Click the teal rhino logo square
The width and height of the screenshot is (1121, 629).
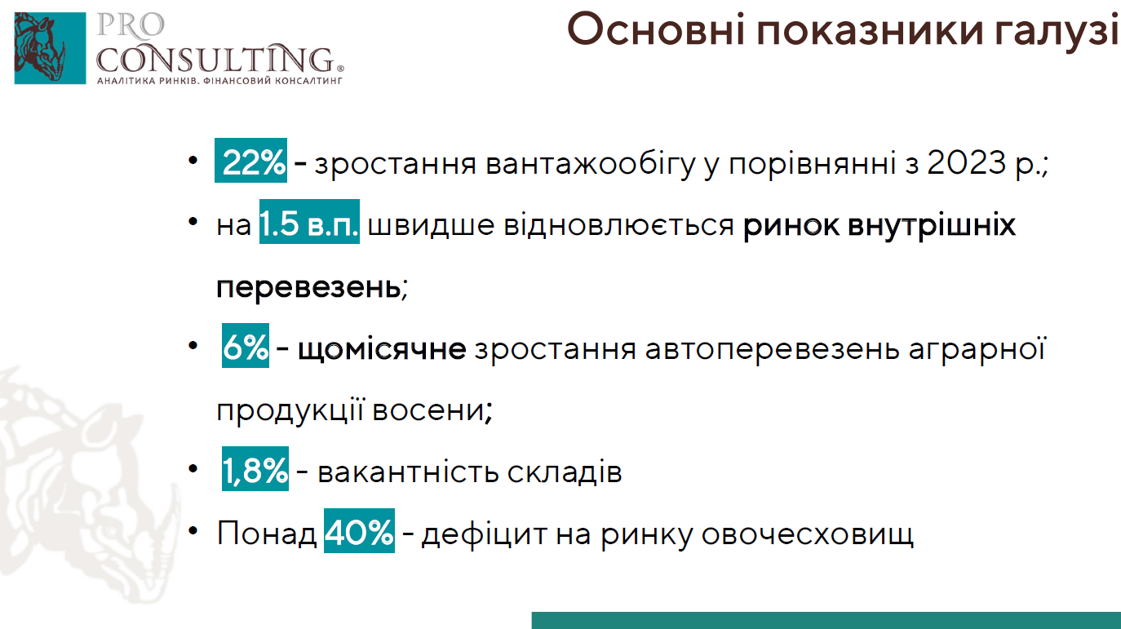[50, 48]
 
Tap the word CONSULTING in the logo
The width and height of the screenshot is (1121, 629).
[216, 59]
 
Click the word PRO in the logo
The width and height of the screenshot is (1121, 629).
[130, 25]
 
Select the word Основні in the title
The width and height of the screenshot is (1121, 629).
[656, 29]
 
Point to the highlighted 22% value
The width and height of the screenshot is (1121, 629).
[250, 160]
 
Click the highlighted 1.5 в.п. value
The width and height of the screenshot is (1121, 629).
[309, 222]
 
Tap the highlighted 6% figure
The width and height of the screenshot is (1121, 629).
[246, 345]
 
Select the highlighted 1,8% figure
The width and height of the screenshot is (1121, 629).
[255, 468]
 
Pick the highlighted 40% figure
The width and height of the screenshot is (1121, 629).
[359, 530]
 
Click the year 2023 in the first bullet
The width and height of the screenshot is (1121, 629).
[966, 162]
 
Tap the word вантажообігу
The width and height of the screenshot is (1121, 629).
[591, 163]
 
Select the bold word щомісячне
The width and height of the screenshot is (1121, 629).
[382, 348]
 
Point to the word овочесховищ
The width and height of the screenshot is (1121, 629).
[807, 534]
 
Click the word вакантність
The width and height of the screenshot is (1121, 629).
[408, 472]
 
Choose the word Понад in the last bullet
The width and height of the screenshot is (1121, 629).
[266, 533]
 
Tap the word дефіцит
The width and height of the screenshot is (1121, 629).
[484, 534]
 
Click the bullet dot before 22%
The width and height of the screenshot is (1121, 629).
[193, 160]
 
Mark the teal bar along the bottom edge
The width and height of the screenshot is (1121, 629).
[826, 621]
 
